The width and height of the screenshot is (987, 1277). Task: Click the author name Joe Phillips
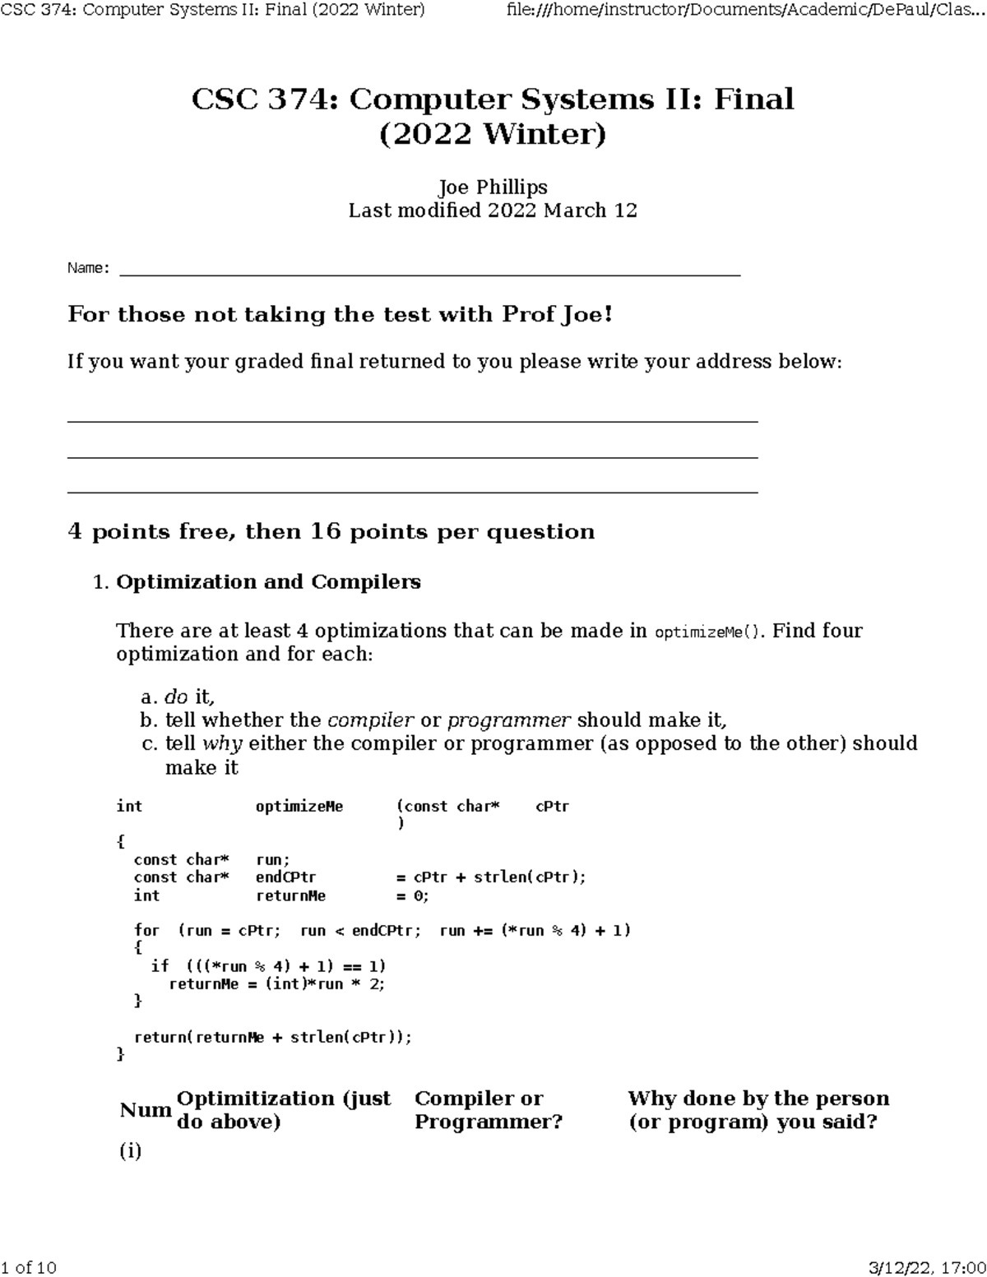(x=493, y=187)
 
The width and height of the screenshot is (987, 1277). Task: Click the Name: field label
(x=88, y=268)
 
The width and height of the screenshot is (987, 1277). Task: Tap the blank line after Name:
(x=429, y=271)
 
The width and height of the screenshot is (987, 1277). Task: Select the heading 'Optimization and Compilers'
(x=268, y=582)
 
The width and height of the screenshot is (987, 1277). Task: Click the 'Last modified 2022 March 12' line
(x=493, y=211)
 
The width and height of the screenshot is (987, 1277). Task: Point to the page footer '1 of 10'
(x=30, y=1267)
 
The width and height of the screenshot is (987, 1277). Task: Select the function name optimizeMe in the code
(x=299, y=807)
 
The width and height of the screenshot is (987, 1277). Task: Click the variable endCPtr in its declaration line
(x=285, y=877)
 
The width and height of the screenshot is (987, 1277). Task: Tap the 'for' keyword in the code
(x=146, y=931)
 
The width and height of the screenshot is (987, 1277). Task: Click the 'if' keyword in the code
(x=160, y=966)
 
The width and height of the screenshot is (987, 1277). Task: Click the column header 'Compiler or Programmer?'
(x=489, y=1110)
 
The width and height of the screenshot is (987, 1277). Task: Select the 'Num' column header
(x=146, y=1111)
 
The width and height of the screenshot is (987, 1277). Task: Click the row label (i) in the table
(x=131, y=1151)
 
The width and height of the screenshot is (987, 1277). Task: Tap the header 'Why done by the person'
(x=758, y=1099)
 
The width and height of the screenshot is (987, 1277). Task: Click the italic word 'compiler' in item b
(x=370, y=720)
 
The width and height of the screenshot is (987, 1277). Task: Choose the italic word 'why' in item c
(x=222, y=743)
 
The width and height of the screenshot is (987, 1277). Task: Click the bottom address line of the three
(x=411, y=492)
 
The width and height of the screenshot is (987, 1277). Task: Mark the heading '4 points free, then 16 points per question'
(x=331, y=532)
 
